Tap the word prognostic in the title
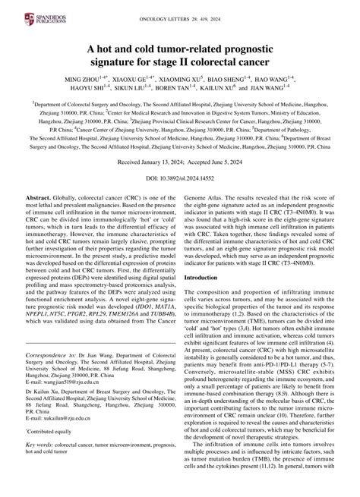[257, 42]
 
